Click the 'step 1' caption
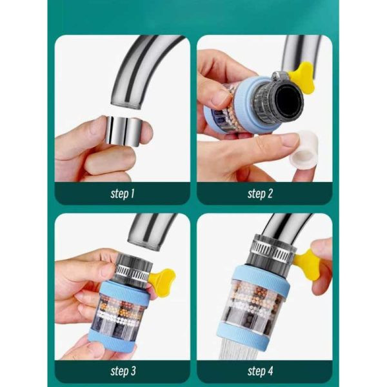coord(123,193)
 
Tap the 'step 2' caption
coord(260,193)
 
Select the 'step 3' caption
coord(123,371)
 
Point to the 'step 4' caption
coord(261,371)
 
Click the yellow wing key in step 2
coord(303,77)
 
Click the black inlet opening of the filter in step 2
coord(289,101)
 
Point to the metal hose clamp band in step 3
coord(134,271)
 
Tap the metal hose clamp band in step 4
coord(273,248)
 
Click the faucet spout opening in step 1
coord(126,105)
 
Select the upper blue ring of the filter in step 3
coord(124,292)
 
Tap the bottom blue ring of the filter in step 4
coord(243,333)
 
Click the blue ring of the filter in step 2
coord(249,104)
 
